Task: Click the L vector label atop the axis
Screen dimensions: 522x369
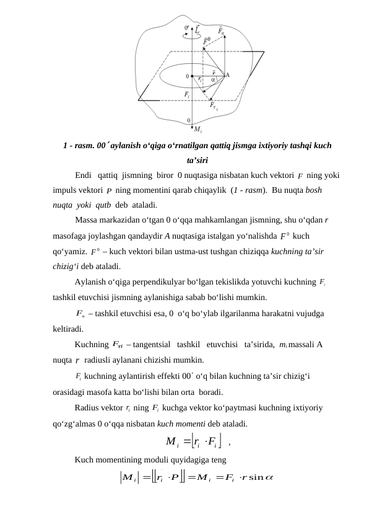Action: point(197,29)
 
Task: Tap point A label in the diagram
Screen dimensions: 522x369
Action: point(227,75)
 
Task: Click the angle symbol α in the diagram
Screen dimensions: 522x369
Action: point(213,79)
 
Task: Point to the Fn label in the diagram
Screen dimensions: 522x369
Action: point(221,30)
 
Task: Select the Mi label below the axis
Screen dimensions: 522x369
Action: point(198,130)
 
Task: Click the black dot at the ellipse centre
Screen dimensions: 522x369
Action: point(194,76)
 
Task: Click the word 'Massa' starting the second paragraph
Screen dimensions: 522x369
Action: point(87,221)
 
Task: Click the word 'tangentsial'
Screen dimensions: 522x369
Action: point(152,345)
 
